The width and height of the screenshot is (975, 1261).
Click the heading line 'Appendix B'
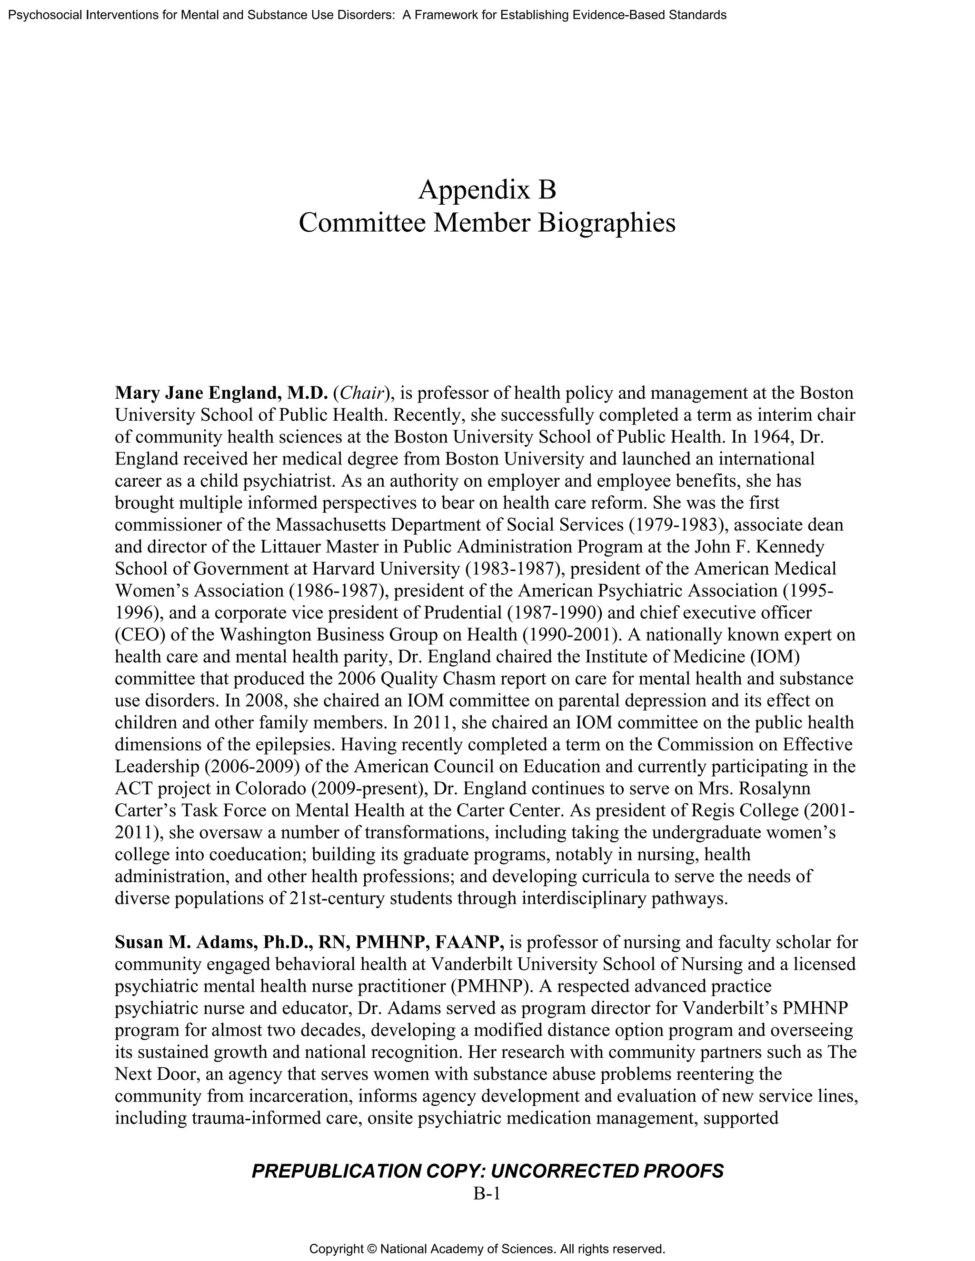[x=487, y=189]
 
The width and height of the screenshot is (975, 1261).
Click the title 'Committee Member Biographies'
[x=487, y=223]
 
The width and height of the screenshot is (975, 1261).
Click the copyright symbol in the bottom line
[x=371, y=1250]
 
